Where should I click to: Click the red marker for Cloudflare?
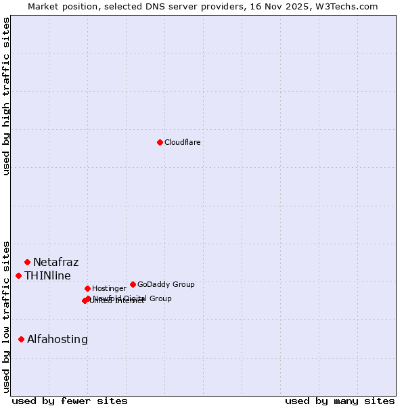pos(160,142)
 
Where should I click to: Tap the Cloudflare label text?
pos(182,142)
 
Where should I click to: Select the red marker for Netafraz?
pos(27,262)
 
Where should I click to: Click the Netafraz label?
pos(55,262)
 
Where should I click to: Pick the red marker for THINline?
pos(18,275)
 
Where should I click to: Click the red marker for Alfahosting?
pos(21,339)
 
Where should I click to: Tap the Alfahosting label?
pos(57,339)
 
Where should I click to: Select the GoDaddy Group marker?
pos(133,284)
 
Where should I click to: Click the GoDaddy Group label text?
pos(166,284)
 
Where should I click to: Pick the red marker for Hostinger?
pos(87,288)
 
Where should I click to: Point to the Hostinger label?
pos(109,288)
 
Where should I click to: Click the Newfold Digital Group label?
pos(133,298)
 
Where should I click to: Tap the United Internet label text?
pos(117,301)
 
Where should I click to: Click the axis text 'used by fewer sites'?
pos(70,401)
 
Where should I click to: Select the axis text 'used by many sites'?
pos(340,401)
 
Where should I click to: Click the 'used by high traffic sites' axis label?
pos(6,96)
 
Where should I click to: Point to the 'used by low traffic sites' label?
pos(6,316)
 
